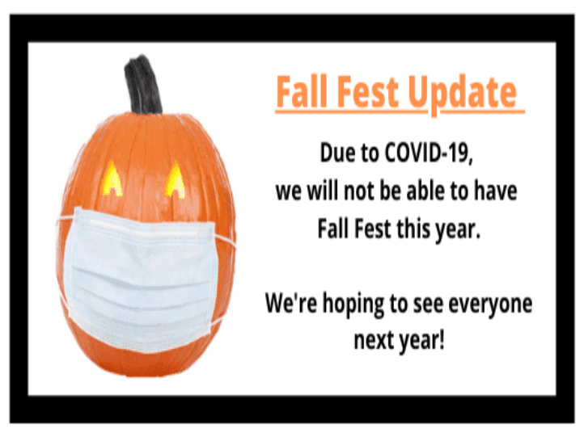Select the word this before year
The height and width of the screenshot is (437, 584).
[x=414, y=229]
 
